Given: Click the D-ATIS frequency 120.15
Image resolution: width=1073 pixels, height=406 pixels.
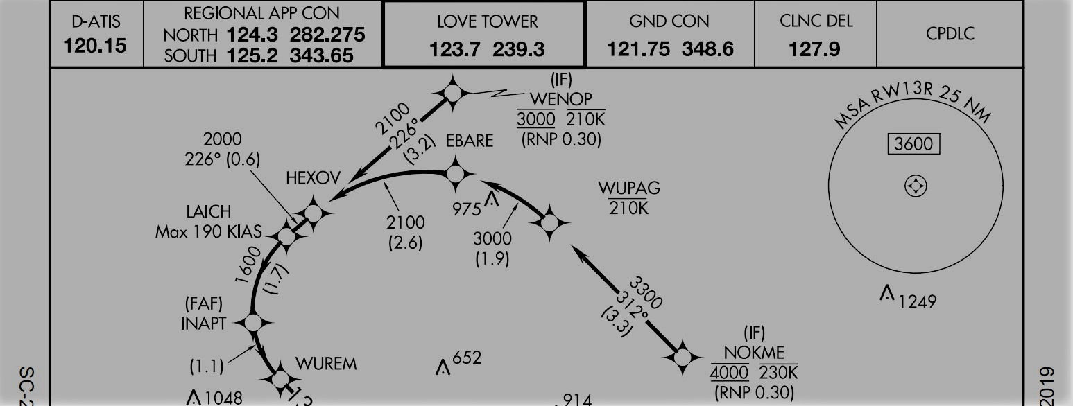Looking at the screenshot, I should coord(96,46).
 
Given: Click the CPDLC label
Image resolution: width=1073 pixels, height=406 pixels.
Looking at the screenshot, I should coord(950,34).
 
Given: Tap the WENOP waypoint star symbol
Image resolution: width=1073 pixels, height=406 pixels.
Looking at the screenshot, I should coord(452,93).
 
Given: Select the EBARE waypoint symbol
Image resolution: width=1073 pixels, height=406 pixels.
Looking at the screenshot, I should coord(455,173).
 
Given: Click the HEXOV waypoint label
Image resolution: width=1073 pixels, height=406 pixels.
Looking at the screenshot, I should coord(314,179).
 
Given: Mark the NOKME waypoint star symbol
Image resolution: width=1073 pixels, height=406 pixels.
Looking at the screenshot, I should coord(683,358).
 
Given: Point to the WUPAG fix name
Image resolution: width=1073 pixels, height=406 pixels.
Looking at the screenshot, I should coord(629,188).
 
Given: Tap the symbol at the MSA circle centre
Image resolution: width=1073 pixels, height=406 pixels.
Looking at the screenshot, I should coord(916,186).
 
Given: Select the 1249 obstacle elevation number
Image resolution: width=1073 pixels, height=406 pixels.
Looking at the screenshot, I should coord(918,301).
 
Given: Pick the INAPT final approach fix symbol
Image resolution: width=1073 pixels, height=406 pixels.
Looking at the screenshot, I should coord(252,322).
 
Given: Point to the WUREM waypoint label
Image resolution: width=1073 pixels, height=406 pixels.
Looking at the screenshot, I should coord(325,364).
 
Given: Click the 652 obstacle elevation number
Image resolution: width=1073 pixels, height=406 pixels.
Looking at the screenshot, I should coord(467,359).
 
